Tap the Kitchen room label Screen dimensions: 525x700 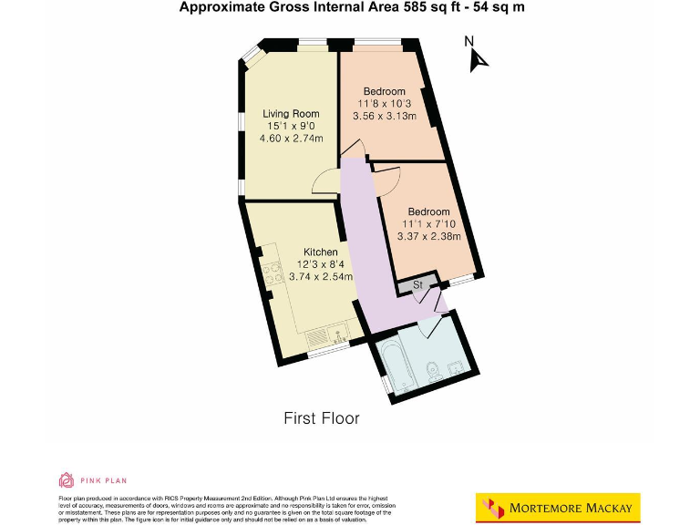321,252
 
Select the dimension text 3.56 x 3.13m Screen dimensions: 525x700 384,116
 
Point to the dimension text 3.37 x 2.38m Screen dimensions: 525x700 428,237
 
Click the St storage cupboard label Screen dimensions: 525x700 418,285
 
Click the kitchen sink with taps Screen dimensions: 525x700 325,335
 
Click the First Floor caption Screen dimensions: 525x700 322,418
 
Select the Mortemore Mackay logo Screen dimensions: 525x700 558,507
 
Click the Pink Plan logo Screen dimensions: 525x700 92,479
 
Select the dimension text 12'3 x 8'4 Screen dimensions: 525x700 320,264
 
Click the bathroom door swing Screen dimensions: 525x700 441,303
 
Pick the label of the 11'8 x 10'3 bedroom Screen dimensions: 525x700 384,91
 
